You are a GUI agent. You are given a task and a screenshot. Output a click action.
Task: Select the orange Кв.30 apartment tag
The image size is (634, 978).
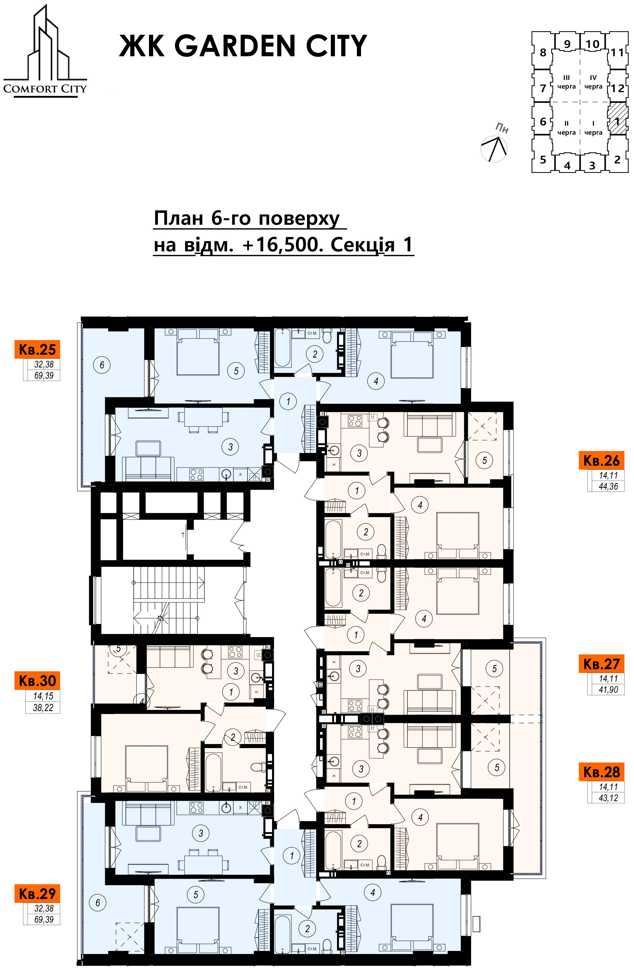[x=37, y=681]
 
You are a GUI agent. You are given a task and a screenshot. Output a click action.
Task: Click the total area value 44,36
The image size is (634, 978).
[x=608, y=487]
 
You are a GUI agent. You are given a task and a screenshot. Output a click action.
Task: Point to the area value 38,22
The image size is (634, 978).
[x=43, y=707]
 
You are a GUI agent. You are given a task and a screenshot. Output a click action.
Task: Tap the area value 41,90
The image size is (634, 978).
[x=608, y=690]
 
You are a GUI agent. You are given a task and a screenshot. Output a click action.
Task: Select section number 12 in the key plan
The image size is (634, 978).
[x=617, y=88]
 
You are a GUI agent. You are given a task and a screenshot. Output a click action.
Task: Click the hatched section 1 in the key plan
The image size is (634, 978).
[x=618, y=119]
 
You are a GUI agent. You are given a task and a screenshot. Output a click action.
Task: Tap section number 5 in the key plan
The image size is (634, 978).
[x=543, y=160]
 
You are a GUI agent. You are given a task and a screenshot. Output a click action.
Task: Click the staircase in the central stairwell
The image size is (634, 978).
[x=169, y=600]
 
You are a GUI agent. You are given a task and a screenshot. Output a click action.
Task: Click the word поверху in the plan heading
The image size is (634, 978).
[x=299, y=218]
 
